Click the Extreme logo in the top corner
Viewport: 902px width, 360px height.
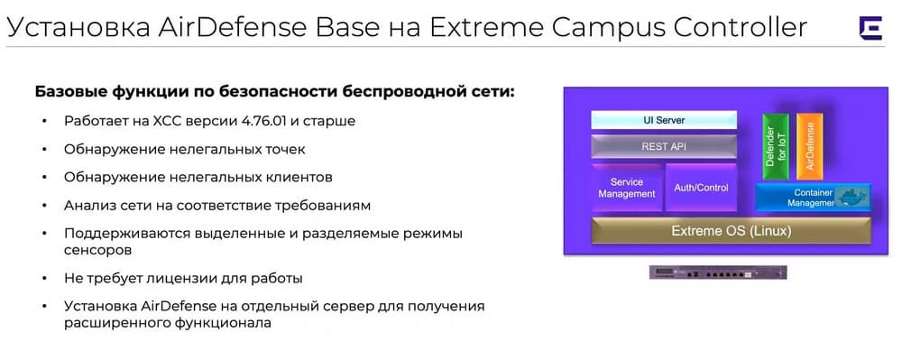[870, 28]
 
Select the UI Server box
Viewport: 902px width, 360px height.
[664, 120]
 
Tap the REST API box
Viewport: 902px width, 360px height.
[664, 147]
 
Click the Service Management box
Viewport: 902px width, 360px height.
[627, 188]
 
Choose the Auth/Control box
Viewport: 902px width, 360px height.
[701, 188]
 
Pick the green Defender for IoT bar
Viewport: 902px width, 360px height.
[776, 147]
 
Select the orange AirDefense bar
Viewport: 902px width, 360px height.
[810, 147]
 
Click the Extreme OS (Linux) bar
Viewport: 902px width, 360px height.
[732, 231]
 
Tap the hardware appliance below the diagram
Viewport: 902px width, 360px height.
[718, 272]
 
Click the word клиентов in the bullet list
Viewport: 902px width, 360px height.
[302, 177]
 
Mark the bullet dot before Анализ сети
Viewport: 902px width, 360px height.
[44, 206]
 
